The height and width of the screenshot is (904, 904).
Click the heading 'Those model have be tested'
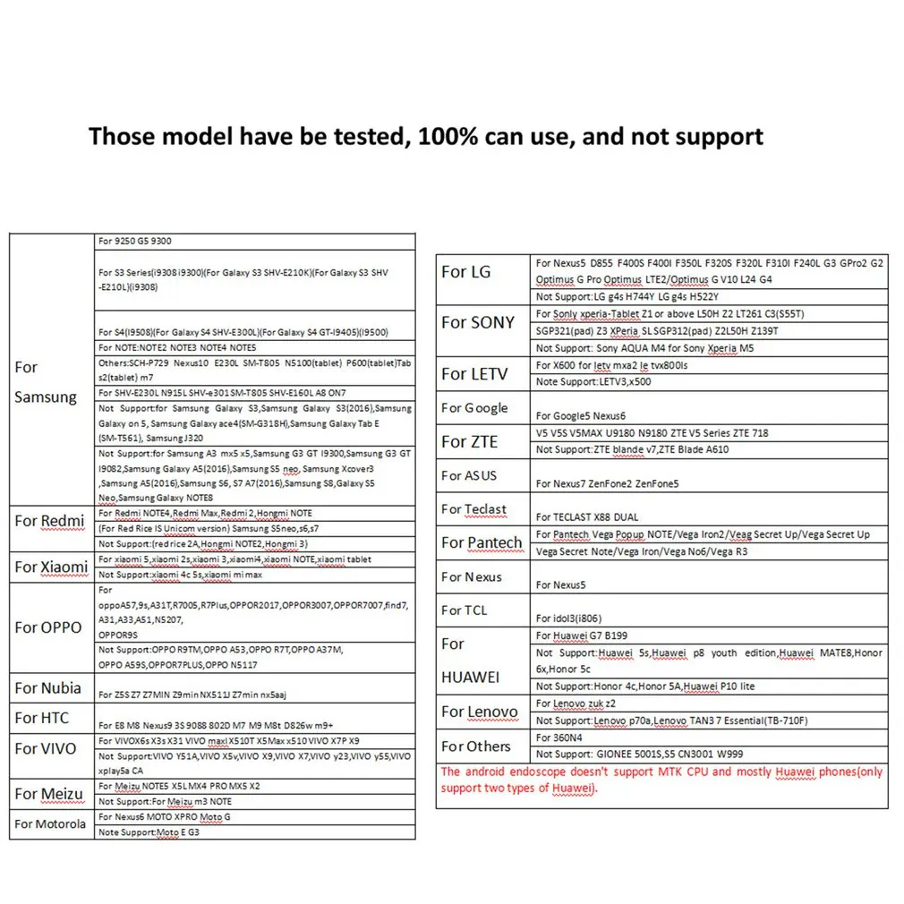point(425,137)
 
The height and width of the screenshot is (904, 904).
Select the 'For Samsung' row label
point(45,382)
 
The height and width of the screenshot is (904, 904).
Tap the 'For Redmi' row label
point(49,521)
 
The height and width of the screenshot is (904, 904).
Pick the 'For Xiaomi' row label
point(51,567)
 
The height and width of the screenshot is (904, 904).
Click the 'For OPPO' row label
point(48,627)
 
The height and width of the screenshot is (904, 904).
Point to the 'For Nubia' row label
point(47,688)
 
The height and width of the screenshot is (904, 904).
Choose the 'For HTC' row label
point(41,718)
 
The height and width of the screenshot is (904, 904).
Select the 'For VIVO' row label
point(46,748)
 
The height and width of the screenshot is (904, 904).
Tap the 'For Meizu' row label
point(48,794)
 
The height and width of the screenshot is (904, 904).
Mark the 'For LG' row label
point(466,272)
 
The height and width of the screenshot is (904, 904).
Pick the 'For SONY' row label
point(478,322)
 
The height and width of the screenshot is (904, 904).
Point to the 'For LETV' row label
point(474,373)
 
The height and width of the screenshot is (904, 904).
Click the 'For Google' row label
point(474,408)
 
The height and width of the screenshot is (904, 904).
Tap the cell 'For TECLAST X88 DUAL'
point(587,517)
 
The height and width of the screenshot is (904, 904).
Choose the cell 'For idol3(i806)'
point(570,618)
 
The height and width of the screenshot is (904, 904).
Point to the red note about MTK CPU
point(661,780)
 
